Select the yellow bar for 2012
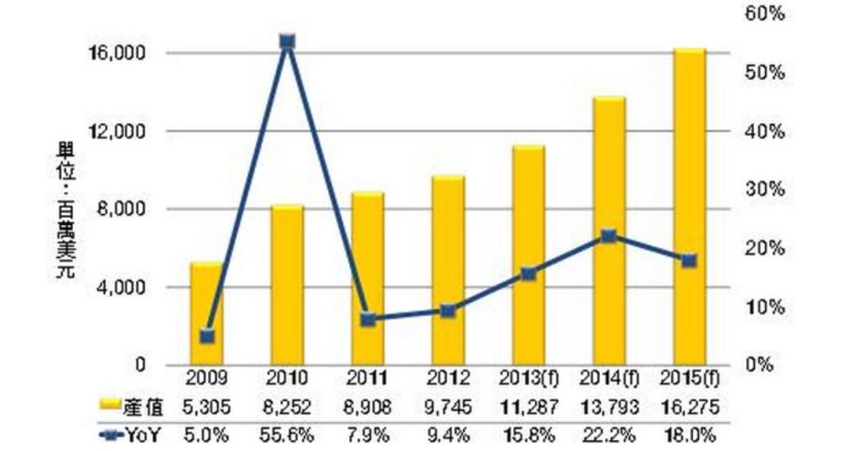(x=449, y=271)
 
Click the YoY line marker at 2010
(x=287, y=42)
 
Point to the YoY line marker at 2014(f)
(x=609, y=236)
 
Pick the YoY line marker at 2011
(x=368, y=319)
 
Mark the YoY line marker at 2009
(x=208, y=336)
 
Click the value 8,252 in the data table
(x=288, y=404)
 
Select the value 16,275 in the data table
(x=689, y=404)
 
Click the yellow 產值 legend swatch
(x=109, y=404)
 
